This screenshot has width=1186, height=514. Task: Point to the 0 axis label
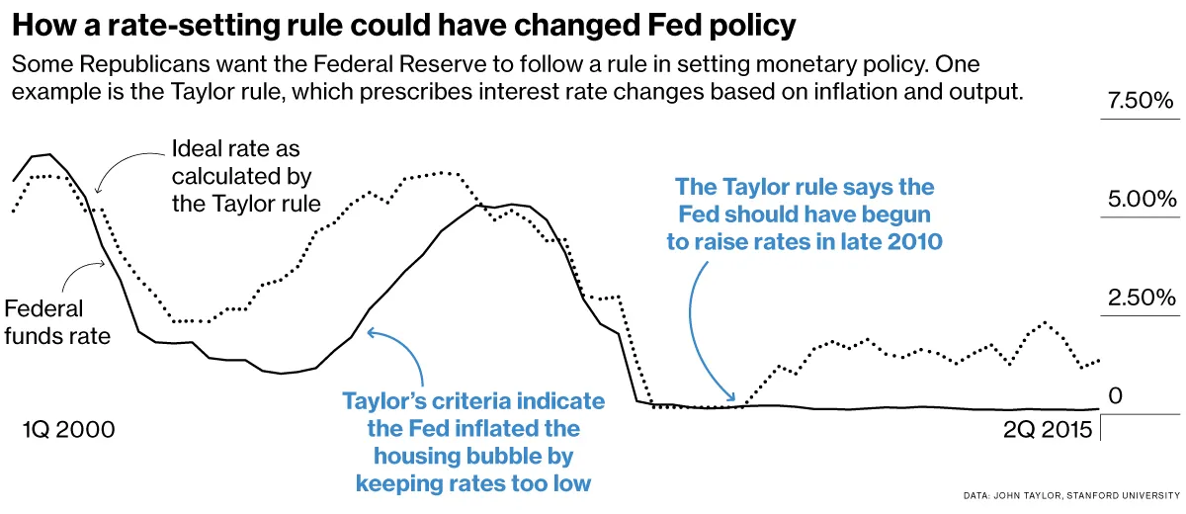[1116, 395]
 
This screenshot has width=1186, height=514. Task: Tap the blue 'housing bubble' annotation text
[472, 457]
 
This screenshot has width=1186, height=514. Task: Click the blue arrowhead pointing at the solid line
[372, 333]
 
